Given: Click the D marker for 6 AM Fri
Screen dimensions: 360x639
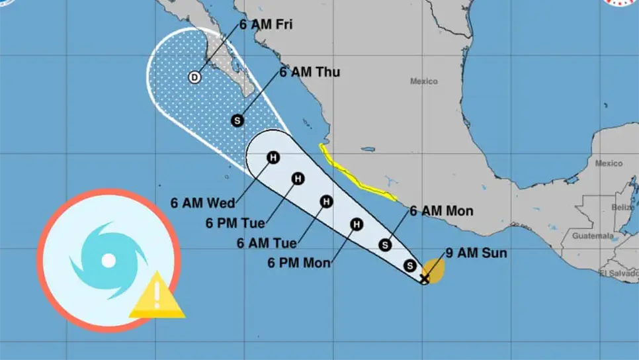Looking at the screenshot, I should tap(194, 77).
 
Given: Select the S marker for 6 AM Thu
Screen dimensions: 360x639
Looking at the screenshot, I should tap(238, 120).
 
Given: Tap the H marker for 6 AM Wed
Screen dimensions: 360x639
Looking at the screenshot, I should tap(273, 157).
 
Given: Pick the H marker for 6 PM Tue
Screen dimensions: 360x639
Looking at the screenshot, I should tap(298, 179).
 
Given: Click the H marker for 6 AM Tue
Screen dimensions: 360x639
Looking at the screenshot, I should tap(326, 201).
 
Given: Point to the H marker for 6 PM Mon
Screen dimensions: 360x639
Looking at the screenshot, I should tap(357, 224).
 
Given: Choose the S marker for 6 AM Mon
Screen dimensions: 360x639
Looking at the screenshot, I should tap(384, 246).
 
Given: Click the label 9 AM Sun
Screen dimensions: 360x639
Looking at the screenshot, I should tap(467, 253).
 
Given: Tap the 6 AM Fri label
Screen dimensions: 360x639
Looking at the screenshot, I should tap(267, 25).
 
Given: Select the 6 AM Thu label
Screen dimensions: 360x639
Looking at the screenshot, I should tap(310, 72).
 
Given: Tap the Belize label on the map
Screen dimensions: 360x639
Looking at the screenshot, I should tap(622, 207).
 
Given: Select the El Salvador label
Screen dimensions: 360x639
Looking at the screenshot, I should tap(619, 273).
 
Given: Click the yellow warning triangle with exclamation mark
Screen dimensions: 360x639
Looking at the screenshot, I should tap(157, 296).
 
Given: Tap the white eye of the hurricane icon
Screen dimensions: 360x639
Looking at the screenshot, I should tap(108, 260).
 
